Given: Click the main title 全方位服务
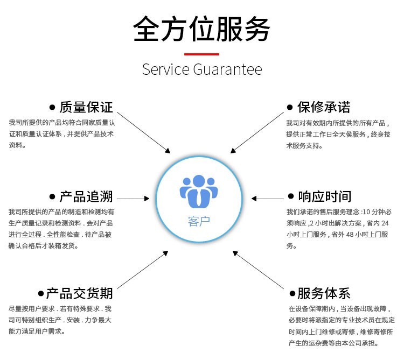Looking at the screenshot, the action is click(x=201, y=29).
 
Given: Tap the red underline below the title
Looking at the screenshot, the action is click(x=201, y=54).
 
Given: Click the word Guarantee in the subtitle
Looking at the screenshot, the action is click(x=227, y=69).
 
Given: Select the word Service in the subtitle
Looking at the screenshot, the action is click(x=166, y=69).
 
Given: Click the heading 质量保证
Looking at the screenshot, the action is click(x=86, y=107).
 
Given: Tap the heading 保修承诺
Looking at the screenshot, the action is click(x=324, y=107).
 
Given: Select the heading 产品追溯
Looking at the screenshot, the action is click(x=86, y=196).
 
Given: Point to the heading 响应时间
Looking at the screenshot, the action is click(x=325, y=196).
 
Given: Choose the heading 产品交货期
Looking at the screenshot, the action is click(x=79, y=293).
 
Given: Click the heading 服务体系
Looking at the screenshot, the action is click(x=324, y=293).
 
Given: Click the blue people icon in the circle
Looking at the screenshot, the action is click(x=199, y=191).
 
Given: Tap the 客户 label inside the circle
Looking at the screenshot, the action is click(x=199, y=221).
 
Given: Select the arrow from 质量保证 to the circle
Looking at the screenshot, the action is click(x=143, y=132).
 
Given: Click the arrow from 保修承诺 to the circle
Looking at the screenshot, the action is click(x=257, y=132).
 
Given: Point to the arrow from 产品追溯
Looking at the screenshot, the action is click(x=133, y=199).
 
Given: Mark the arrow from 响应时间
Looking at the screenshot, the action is click(x=267, y=199).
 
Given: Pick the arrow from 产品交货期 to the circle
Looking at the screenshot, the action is click(x=143, y=270).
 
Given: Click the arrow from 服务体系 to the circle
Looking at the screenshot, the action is click(x=258, y=270).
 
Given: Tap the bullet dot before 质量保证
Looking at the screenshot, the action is click(x=52, y=107).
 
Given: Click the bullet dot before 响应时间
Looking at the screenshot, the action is click(x=291, y=196).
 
